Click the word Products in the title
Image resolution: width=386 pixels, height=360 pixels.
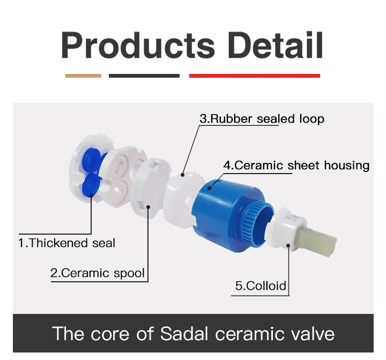pyautogui.click(x=138, y=45)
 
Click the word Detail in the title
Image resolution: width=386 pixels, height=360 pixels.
pyautogui.click(x=275, y=45)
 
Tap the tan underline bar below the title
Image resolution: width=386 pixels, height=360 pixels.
pyautogui.click(x=83, y=76)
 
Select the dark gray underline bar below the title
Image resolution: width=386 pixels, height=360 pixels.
pyautogui.click(x=144, y=76)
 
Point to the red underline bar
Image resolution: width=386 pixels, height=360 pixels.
pyautogui.click(x=255, y=76)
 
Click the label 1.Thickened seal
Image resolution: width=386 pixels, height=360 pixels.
pyautogui.click(x=67, y=243)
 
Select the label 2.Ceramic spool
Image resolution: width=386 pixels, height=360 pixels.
pyautogui.click(x=98, y=273)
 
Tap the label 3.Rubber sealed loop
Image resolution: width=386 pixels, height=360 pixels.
pyautogui.click(x=262, y=118)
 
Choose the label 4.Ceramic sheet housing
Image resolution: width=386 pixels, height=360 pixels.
pyautogui.click(x=296, y=165)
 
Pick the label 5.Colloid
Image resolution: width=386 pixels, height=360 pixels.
pyautogui.click(x=261, y=286)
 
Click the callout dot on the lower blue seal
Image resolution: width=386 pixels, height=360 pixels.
pyautogui.click(x=91, y=196)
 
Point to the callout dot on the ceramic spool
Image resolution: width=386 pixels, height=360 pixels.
pyautogui.click(x=148, y=207)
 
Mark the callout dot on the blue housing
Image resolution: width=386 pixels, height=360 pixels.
pyautogui.click(x=209, y=189)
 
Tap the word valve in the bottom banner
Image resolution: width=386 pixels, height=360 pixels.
pyautogui.click(x=313, y=333)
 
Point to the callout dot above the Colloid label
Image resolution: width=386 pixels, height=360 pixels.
pyautogui.click(x=288, y=245)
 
